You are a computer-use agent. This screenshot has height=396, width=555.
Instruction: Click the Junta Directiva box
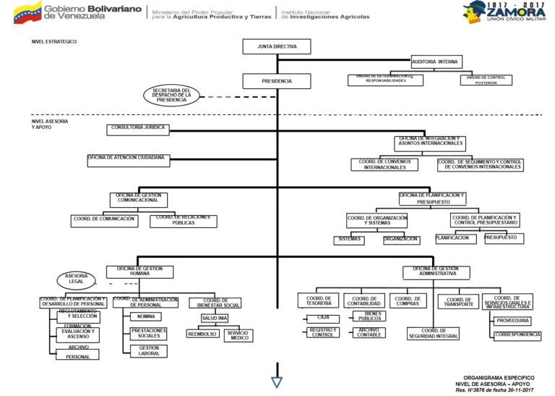(x=277, y=46)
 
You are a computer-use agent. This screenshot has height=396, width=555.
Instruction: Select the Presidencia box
(x=277, y=82)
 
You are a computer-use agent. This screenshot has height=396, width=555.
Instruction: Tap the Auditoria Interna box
(x=436, y=62)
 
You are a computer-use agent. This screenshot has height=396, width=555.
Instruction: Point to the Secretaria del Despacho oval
(x=171, y=95)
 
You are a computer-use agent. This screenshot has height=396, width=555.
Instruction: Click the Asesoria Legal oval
(x=77, y=279)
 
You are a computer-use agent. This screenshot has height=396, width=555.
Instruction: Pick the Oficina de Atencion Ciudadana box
(x=127, y=159)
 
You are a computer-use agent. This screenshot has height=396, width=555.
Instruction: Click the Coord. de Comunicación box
(x=104, y=221)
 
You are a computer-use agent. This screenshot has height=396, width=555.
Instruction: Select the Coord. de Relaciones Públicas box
(x=184, y=221)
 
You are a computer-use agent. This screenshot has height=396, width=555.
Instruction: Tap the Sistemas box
(x=350, y=240)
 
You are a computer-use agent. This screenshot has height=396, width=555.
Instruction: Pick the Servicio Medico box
(x=238, y=335)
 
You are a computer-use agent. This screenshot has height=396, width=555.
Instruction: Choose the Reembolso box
(x=202, y=334)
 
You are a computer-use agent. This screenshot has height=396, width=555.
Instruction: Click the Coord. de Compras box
(x=408, y=300)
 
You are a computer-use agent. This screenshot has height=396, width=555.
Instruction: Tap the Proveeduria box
(x=514, y=320)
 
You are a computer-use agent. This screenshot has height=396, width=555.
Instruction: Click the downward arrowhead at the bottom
(x=277, y=382)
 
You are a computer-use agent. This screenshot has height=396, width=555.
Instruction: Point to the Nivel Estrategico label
(x=54, y=42)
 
